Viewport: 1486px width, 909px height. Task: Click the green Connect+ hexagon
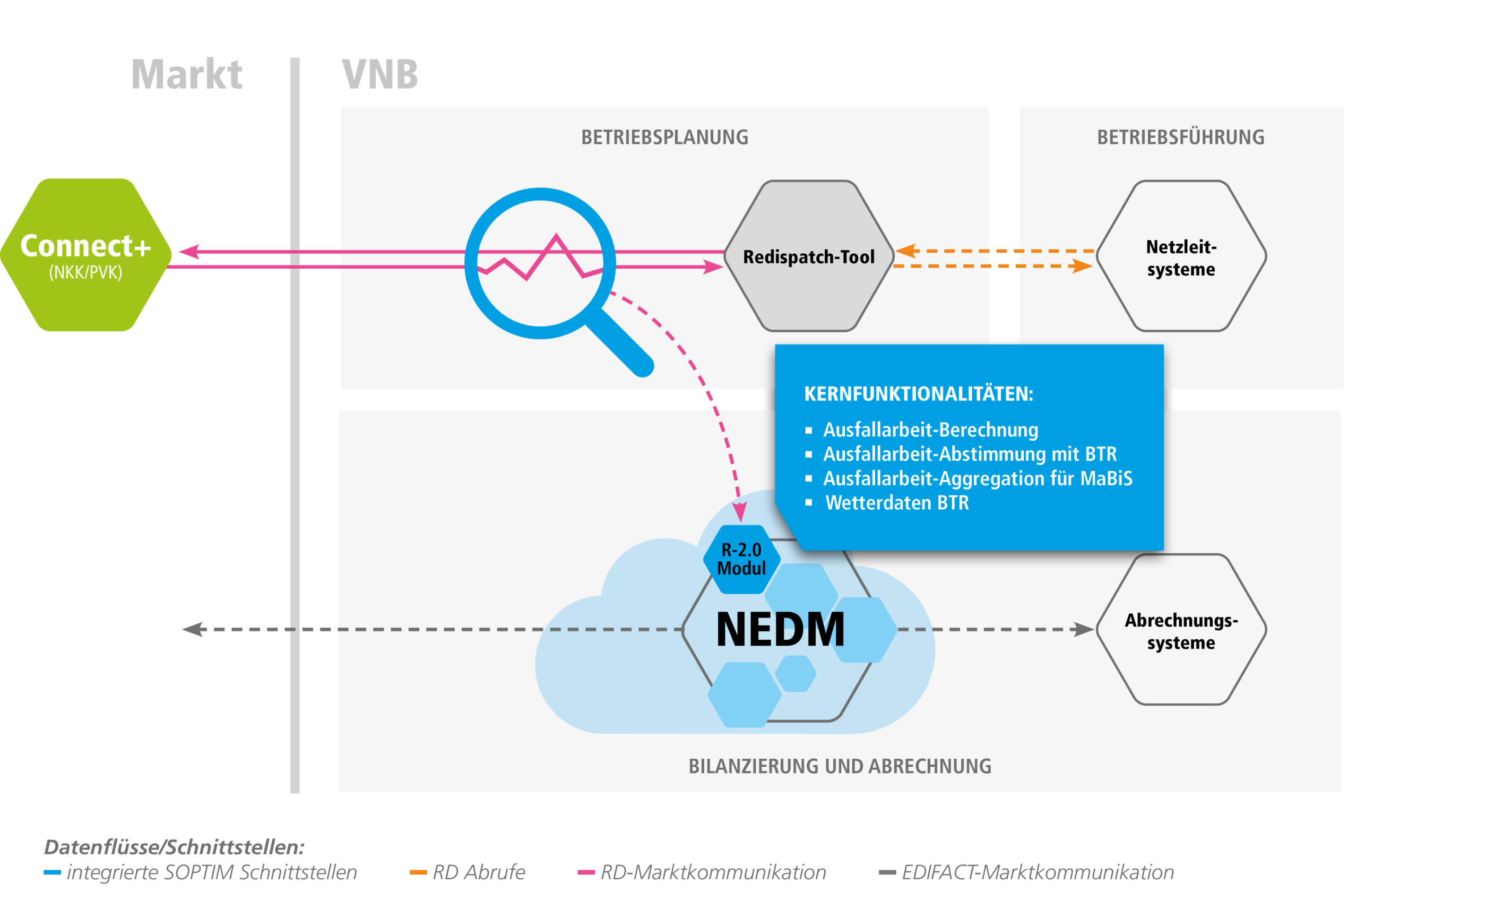85,254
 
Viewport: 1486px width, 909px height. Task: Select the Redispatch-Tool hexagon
808,256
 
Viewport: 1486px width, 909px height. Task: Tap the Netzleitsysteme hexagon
1181,256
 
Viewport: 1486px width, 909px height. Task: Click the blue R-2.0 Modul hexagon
741,559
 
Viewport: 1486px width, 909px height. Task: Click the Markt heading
187,75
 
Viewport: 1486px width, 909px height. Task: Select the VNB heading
380,75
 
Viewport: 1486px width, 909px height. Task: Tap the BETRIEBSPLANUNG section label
664,138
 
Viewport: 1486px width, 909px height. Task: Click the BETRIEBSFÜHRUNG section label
1180,138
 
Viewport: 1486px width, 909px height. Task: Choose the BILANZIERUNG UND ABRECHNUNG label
840,766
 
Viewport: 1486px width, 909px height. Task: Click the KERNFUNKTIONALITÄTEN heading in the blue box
919,394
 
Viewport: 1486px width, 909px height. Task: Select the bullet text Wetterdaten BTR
897,502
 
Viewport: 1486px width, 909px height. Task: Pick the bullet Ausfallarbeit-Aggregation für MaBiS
978,478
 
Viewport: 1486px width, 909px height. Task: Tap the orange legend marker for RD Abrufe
418,872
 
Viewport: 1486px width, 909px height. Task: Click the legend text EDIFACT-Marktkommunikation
1038,872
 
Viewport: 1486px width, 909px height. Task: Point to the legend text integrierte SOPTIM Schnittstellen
212,872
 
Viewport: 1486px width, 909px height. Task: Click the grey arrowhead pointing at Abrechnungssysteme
1083,630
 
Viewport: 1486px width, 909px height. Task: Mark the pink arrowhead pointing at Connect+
189,252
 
